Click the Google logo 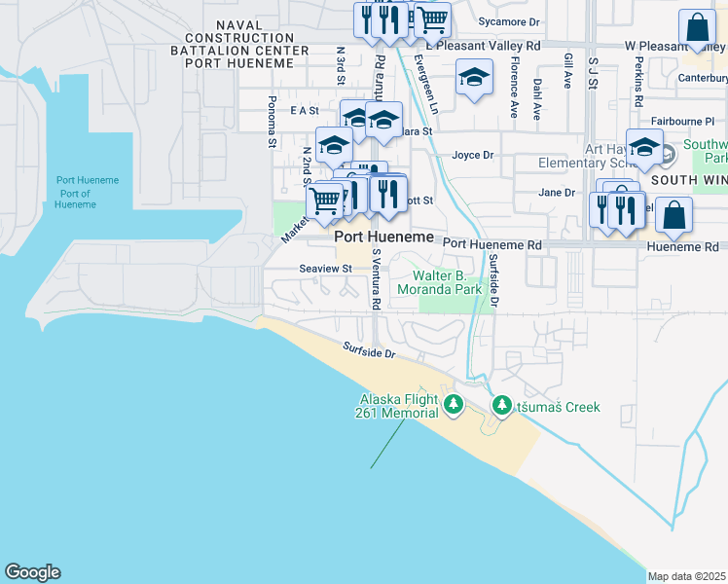32,572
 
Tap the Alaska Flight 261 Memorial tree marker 452,405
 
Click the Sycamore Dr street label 509,21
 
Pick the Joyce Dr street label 473,155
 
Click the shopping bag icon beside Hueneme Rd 673,215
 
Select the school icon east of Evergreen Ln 474,78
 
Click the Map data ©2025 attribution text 687,576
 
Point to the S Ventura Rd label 376,278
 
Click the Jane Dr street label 557,193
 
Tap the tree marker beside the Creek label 501,405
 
